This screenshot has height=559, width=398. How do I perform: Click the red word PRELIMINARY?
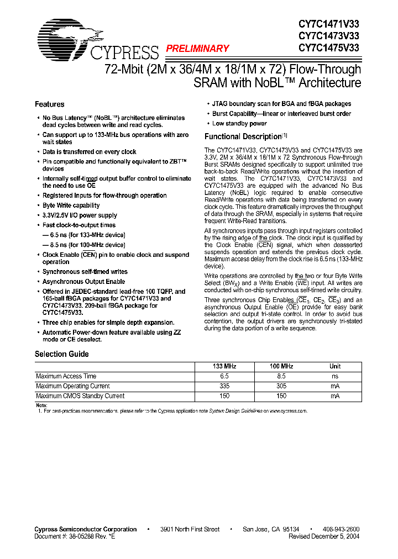tap(198, 49)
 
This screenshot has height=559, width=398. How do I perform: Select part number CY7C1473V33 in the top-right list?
tap(329, 36)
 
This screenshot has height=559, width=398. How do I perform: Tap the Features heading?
tap(50, 104)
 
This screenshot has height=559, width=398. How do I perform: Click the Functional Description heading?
tap(243, 136)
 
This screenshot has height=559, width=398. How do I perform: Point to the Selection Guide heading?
tap(62, 354)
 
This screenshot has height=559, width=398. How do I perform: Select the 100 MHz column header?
tap(281, 366)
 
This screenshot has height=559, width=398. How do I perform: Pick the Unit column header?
tap(335, 366)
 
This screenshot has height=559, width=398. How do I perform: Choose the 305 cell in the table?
tap(281, 386)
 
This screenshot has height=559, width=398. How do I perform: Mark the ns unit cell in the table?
tap(335, 376)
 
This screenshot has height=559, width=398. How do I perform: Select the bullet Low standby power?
tap(239, 124)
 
